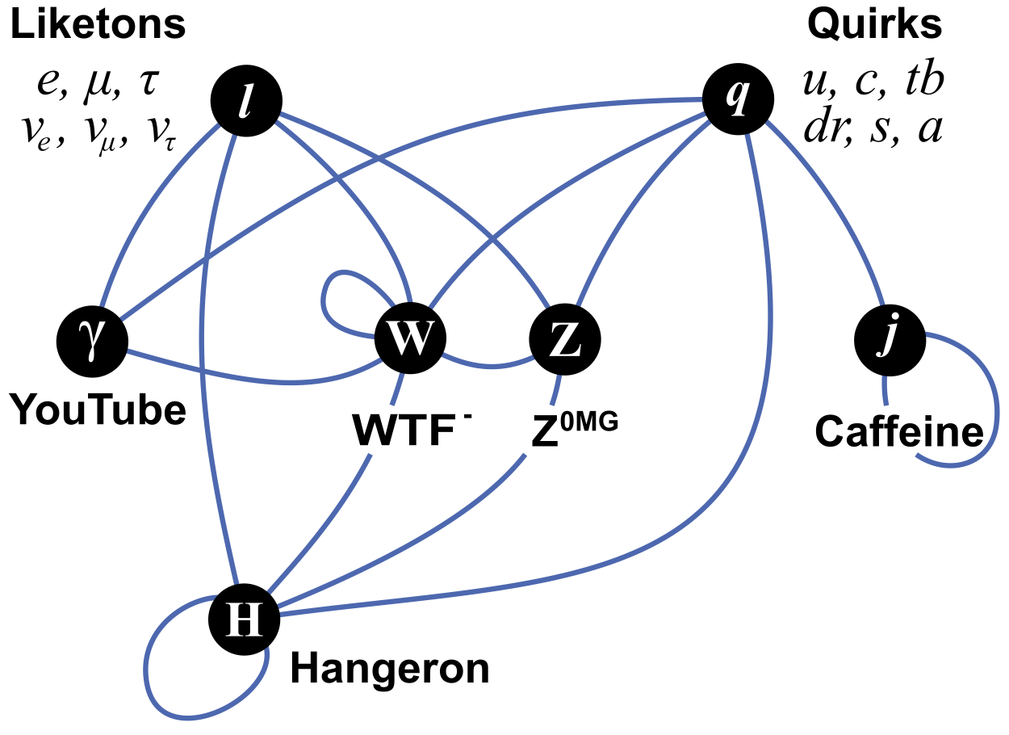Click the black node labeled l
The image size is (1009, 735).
pyautogui.click(x=246, y=101)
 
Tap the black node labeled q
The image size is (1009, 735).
pyautogui.click(x=737, y=101)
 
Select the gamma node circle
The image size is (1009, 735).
pyautogui.click(x=94, y=339)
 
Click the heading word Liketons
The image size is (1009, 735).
pyautogui.click(x=98, y=26)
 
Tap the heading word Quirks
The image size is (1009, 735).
pyautogui.click(x=874, y=26)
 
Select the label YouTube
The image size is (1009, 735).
pyautogui.click(x=98, y=411)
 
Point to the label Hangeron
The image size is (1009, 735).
pyautogui.click(x=390, y=669)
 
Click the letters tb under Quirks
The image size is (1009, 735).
pyautogui.click(x=924, y=83)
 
